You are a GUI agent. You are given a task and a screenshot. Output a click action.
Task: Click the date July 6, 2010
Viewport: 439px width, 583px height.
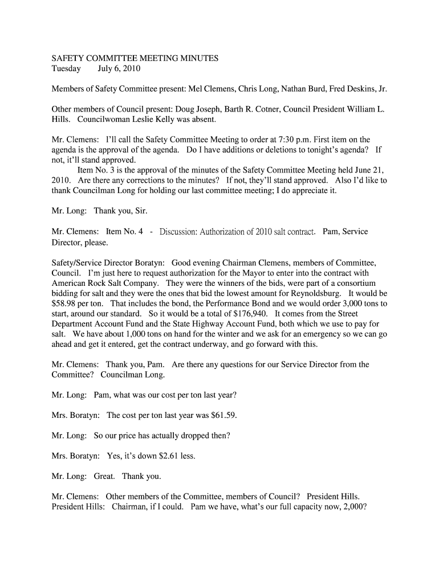click(119, 69)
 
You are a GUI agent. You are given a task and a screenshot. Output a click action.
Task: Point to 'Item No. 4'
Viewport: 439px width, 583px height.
click(124, 232)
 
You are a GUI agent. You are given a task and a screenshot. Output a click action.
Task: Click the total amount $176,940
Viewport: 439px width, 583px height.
click(249, 314)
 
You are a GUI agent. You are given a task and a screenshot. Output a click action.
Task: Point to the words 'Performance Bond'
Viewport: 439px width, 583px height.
click(216, 303)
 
